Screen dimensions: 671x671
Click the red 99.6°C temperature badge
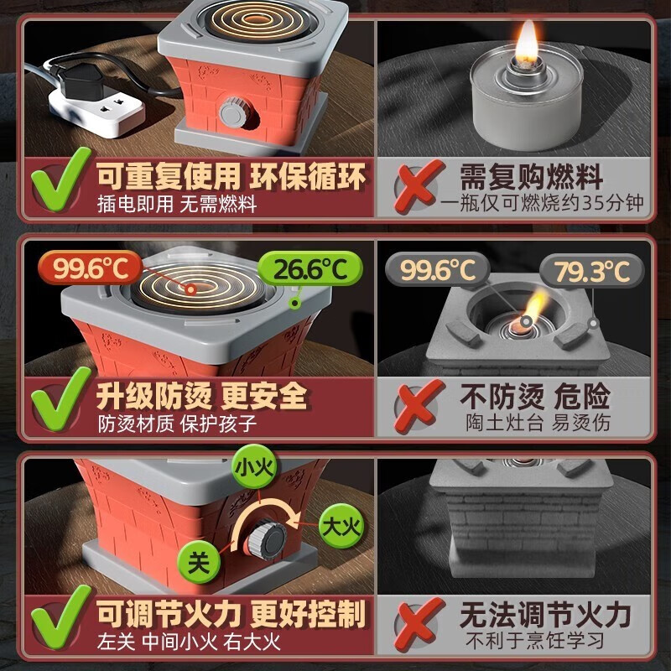click(x=87, y=269)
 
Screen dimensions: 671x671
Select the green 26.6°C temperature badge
click(x=311, y=270)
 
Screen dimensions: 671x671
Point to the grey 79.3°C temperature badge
click(x=591, y=271)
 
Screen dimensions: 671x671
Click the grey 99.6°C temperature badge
click(x=436, y=270)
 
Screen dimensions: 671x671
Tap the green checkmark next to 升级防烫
click(x=58, y=402)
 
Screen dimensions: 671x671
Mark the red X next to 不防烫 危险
click(x=418, y=407)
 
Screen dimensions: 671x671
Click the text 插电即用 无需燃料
click(x=177, y=203)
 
